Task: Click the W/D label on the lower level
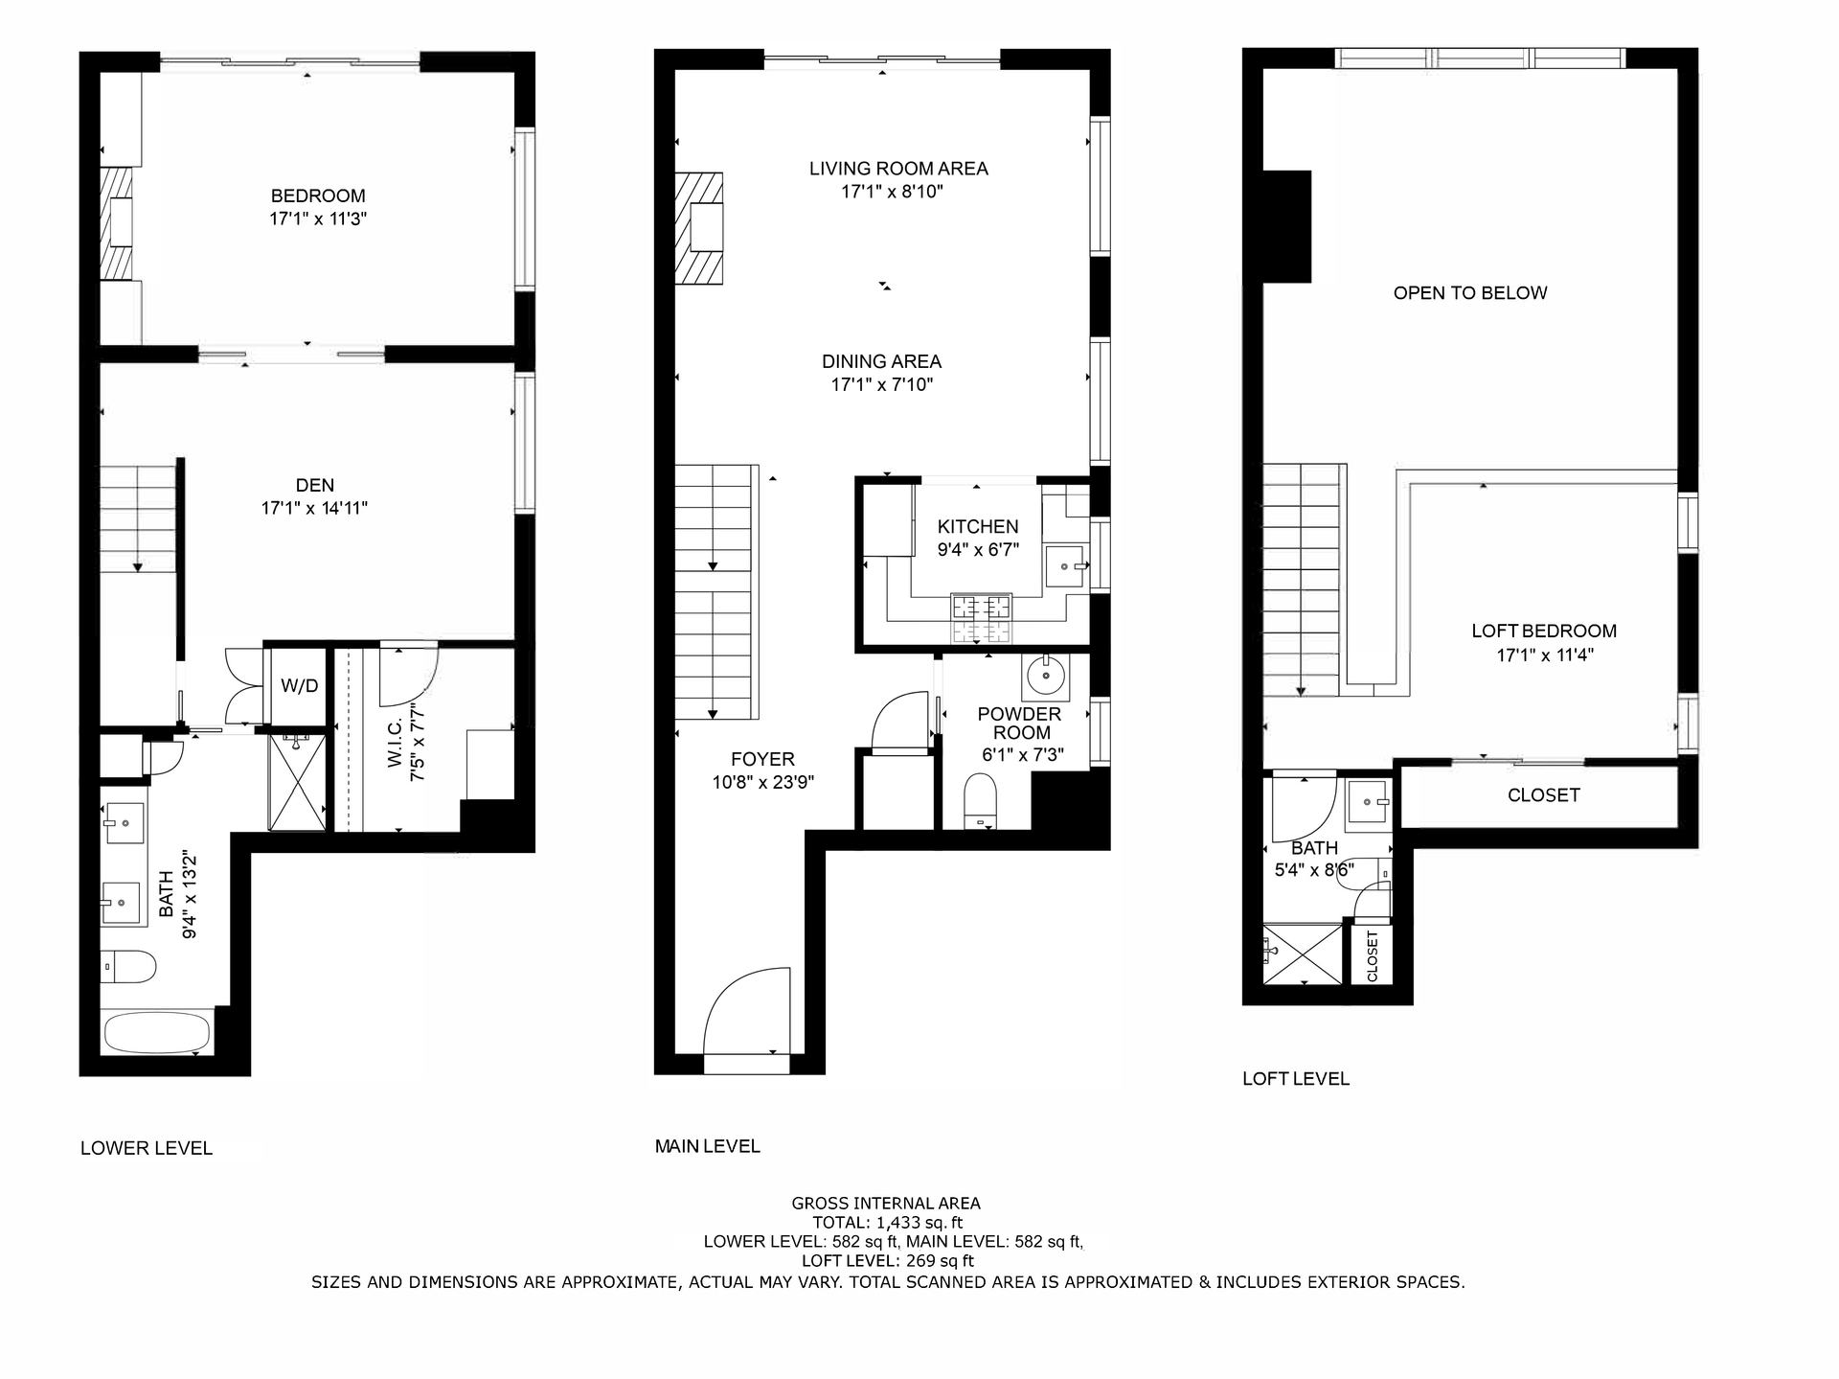299,686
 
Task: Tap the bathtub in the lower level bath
156,1034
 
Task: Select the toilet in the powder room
980,801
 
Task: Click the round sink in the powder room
1045,676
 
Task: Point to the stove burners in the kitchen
981,617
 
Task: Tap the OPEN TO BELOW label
1470,293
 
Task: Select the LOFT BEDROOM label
1544,631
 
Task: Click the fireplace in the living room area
700,228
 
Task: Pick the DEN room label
315,485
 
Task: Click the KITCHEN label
978,526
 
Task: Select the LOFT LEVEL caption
1296,1079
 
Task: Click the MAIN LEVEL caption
708,1146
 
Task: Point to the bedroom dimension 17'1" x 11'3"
319,218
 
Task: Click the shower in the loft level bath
1303,954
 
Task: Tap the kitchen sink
1064,566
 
